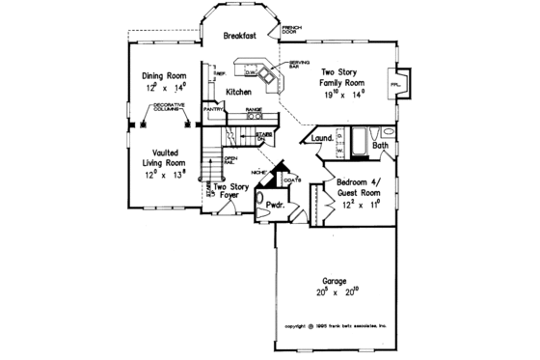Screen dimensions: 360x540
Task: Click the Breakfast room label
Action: [238, 36]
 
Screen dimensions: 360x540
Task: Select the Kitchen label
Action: [238, 92]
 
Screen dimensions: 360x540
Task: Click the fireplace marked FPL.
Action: [396, 84]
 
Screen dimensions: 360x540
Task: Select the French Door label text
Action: [289, 30]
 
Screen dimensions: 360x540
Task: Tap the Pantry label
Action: [213, 110]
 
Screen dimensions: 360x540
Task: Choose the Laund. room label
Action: [323, 138]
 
